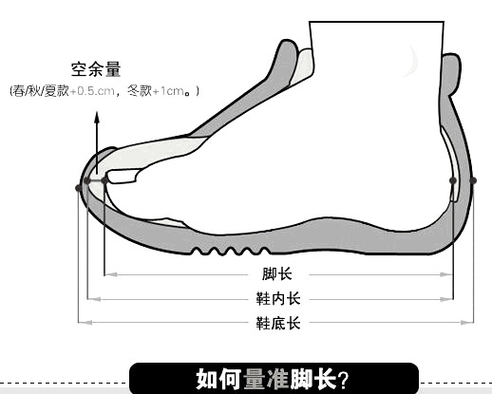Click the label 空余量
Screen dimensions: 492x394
coord(96,69)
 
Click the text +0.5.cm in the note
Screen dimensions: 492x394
coord(92,91)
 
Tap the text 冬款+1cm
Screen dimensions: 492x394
coord(156,91)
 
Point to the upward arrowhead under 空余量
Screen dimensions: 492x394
coord(97,118)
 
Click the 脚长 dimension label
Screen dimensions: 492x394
coord(277,274)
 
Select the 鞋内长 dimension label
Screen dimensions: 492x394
coord(278,299)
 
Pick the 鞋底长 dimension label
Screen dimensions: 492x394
coord(278,323)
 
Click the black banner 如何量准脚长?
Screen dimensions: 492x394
coord(274,379)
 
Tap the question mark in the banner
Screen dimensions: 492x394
coord(343,380)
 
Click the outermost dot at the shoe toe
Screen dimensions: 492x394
coord(78,188)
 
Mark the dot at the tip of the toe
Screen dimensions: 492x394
coord(104,180)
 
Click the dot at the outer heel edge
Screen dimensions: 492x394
coord(473,180)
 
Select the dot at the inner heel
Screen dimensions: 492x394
coord(453,180)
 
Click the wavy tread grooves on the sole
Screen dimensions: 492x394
coord(231,251)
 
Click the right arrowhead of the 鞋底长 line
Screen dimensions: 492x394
coord(467,323)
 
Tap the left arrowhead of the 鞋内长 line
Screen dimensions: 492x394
coord(94,299)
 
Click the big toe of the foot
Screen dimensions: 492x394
coord(123,177)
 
